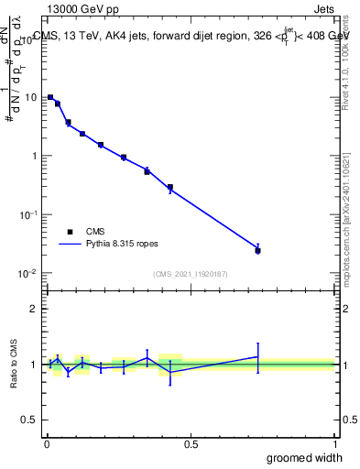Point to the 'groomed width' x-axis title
tap(305, 457)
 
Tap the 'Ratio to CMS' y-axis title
tap(14, 365)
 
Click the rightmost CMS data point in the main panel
tap(258, 250)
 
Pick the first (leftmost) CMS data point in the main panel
tap(50, 97)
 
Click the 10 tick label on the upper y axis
tap(31, 97)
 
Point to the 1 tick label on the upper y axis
tap(34, 156)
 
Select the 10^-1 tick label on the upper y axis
tap(29, 214)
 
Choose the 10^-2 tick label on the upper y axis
tap(29, 273)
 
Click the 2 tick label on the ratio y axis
tap(34, 309)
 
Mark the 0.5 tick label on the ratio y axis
tap(29, 421)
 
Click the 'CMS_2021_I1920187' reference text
tap(190, 274)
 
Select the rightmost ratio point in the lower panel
tap(258, 356)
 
